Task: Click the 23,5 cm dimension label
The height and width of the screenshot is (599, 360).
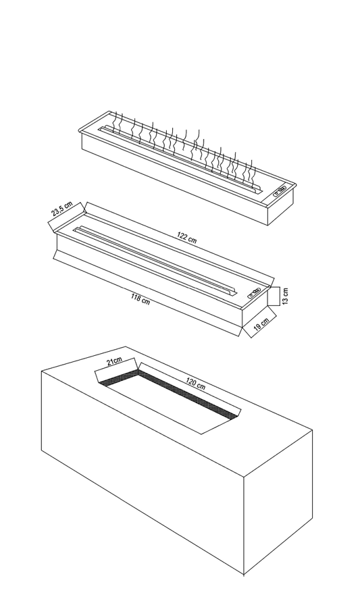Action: point(62,209)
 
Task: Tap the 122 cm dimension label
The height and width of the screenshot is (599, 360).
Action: point(187,238)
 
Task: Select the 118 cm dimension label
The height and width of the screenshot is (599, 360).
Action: point(140,298)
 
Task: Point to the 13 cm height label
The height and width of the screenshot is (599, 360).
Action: point(286,296)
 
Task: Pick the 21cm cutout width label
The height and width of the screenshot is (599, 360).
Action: point(114,361)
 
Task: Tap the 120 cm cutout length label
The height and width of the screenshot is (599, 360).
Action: point(196,384)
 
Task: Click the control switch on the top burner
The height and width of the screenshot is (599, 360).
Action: point(280,190)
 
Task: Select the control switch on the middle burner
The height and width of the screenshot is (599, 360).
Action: point(254,293)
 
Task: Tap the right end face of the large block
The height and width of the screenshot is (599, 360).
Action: point(278,502)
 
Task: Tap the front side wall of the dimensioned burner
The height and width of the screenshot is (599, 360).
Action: point(149,281)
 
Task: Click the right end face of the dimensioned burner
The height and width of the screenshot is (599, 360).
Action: point(255,308)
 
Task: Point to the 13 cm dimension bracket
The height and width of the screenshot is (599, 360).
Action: point(274,296)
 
